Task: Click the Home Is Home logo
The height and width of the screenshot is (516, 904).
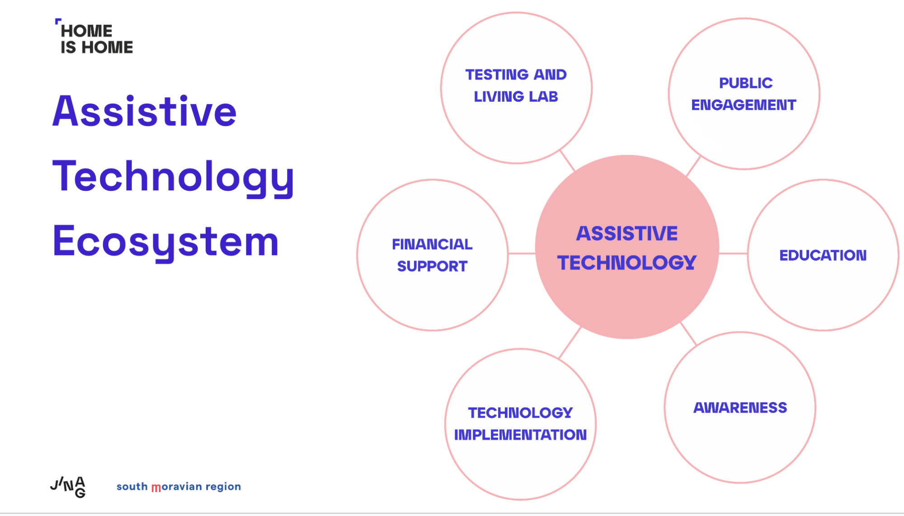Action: (x=94, y=37)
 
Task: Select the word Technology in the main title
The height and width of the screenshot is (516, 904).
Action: (x=174, y=177)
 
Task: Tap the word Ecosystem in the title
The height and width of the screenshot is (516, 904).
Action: (x=165, y=242)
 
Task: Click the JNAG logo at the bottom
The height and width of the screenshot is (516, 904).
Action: (x=68, y=487)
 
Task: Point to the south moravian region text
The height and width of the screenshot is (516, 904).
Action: (x=179, y=487)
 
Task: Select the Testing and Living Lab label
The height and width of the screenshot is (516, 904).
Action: (x=516, y=85)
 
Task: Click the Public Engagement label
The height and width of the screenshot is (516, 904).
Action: (x=744, y=94)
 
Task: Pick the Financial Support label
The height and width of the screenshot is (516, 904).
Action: (x=432, y=255)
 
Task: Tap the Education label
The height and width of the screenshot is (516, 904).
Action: (x=823, y=256)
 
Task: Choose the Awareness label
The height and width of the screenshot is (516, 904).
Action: (x=740, y=408)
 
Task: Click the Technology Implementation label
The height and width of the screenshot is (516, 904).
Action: (x=520, y=424)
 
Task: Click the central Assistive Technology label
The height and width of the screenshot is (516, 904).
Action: (x=627, y=248)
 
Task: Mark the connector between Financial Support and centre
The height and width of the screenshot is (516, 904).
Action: (x=522, y=254)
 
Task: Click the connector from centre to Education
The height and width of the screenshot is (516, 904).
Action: (x=733, y=254)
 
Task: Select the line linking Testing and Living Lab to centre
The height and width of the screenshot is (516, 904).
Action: (x=568, y=161)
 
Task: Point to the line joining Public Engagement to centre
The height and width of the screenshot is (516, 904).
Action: (x=693, y=166)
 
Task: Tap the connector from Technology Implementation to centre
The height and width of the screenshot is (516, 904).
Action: (x=570, y=343)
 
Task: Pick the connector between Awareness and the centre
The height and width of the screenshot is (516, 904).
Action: (x=688, y=334)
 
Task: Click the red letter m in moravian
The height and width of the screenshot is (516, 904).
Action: (x=156, y=488)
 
